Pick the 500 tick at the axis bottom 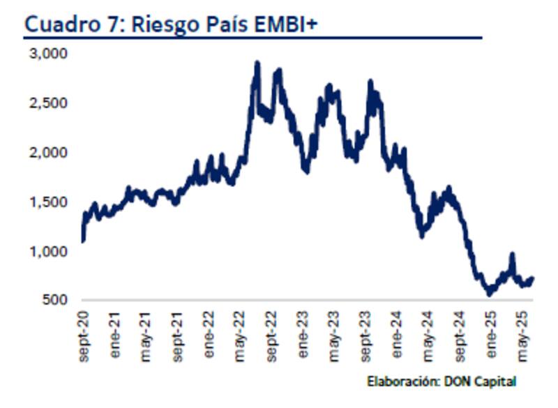[54, 301]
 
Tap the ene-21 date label [115, 335]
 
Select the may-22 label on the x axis [241, 335]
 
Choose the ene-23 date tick [303, 335]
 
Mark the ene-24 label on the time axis [398, 335]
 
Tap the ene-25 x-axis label [492, 335]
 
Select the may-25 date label [523, 335]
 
